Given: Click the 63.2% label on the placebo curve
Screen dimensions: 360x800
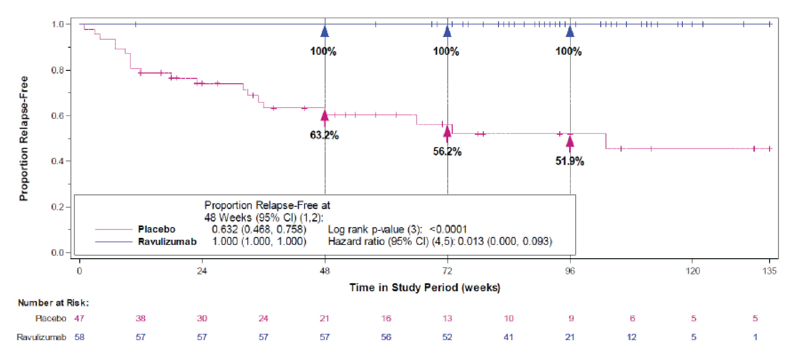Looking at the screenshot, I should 324,135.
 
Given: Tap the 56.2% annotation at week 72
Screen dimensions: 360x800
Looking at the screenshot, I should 447,152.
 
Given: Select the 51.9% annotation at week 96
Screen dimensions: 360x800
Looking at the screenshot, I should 570,161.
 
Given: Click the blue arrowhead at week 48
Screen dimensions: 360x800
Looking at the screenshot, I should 324,32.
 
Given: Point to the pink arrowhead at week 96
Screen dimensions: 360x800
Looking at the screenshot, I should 570,142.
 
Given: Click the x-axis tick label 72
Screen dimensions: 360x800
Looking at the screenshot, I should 447,271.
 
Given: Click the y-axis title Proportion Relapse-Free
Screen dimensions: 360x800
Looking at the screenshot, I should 24,138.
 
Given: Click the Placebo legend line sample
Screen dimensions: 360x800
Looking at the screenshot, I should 114,229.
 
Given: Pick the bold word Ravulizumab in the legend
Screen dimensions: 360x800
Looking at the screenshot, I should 167,241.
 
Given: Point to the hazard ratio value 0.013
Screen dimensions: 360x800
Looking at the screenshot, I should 470,241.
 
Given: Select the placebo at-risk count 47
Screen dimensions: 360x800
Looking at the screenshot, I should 79,318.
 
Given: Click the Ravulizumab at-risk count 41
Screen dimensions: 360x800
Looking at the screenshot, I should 508,337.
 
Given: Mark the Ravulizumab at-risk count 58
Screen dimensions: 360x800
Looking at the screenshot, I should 79,337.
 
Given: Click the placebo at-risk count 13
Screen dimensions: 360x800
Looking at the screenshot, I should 447,318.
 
